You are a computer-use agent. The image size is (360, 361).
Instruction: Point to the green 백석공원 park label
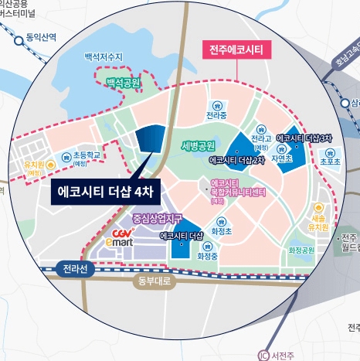point(124,82)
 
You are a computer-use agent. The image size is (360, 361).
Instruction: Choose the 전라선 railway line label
point(76,268)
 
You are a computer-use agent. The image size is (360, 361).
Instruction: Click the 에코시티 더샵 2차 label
point(236,161)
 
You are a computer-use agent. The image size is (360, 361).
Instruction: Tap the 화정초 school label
point(222,230)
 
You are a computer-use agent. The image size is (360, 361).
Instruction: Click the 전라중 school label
point(216,116)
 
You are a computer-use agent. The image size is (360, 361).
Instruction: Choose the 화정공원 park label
point(301,250)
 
